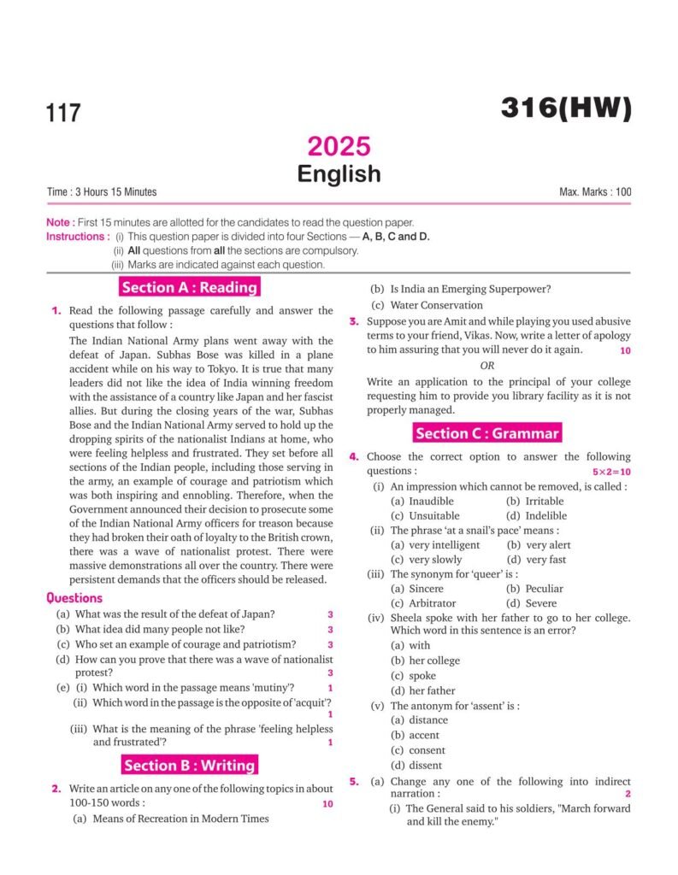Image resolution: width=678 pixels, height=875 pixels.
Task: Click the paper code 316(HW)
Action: click(565, 109)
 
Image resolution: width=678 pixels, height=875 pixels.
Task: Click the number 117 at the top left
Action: click(64, 113)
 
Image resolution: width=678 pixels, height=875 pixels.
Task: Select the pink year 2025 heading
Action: click(339, 146)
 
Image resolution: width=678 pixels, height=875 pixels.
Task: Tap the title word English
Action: click(339, 173)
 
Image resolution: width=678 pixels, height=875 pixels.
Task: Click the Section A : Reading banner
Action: click(189, 287)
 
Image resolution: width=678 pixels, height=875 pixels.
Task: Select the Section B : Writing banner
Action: click(189, 765)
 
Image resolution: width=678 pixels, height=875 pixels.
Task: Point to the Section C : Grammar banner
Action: click(487, 433)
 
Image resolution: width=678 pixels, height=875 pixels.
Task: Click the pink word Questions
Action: click(74, 598)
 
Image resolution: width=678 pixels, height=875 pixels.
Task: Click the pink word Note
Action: click(58, 222)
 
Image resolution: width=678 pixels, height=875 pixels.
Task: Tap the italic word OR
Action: click(486, 365)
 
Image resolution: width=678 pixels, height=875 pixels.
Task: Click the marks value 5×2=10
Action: click(611, 472)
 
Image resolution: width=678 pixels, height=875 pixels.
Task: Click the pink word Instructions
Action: click(77, 237)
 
